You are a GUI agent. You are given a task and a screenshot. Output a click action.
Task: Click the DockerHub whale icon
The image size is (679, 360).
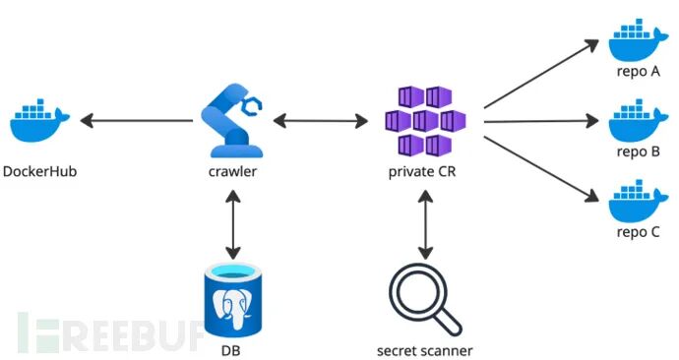click(39, 121)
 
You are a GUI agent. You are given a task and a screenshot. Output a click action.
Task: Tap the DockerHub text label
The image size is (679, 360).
click(39, 171)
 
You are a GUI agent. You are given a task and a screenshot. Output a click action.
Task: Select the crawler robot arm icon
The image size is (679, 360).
click(232, 120)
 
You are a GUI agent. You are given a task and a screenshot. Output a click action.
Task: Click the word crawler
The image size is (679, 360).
click(232, 171)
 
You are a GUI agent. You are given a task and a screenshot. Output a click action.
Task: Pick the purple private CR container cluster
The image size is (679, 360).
click(425, 121)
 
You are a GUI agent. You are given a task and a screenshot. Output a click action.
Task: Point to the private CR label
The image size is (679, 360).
click(422, 172)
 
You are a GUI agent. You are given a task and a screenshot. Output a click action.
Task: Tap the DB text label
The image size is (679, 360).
click(231, 350)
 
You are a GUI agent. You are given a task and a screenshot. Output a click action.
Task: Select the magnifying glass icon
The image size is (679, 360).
click(425, 299)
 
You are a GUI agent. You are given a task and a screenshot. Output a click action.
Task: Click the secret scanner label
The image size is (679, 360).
click(424, 350)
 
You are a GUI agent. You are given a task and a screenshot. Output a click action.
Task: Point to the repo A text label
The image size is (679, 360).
click(639, 72)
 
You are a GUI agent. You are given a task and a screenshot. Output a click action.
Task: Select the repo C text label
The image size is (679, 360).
click(639, 232)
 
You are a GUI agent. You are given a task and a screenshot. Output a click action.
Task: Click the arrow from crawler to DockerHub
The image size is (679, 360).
click(137, 121)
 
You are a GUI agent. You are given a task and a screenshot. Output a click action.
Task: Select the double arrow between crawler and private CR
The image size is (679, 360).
click(321, 121)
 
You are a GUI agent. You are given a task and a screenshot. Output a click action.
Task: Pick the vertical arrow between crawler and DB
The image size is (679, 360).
click(233, 224)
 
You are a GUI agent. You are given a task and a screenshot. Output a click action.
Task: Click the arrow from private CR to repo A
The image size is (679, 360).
click(541, 74)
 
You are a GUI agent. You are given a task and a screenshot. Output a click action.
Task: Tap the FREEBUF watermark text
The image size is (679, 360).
click(110, 331)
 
